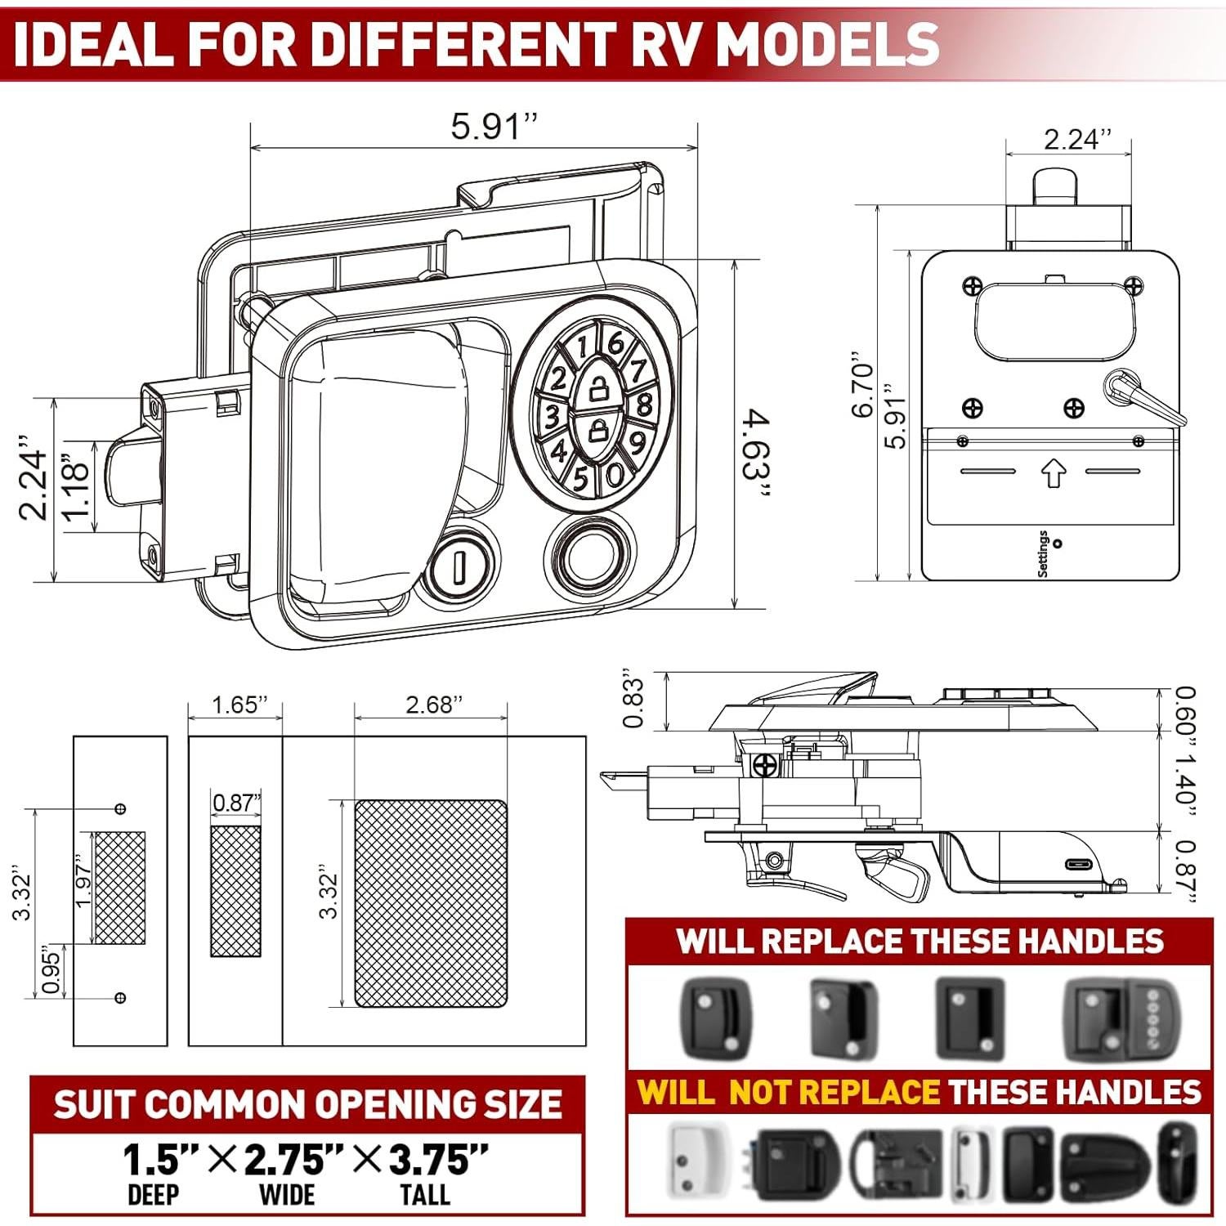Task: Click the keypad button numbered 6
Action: pos(617,344)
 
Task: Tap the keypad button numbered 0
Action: pos(615,474)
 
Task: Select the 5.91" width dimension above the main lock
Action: pos(494,127)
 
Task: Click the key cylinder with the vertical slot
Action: pos(459,564)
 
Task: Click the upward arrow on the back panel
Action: pos(1053,473)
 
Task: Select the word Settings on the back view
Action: pos(1043,553)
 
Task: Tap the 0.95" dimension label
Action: pos(51,970)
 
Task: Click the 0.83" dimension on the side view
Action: pos(634,701)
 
